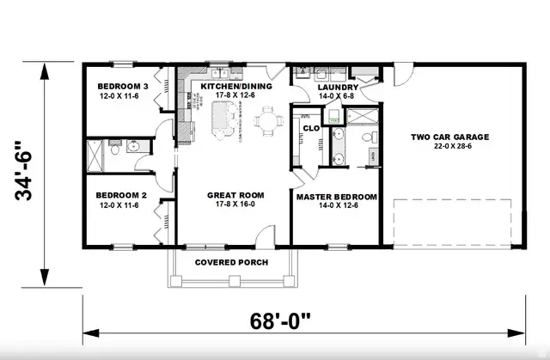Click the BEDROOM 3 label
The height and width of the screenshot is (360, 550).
coord(122,87)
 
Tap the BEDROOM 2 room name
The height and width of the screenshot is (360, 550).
coord(122,195)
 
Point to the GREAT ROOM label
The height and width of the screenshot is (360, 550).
coord(235,195)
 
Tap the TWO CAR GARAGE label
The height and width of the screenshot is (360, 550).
coord(449,137)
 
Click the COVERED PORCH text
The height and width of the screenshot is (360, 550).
coord(231,262)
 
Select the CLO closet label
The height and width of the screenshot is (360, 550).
coord(310,128)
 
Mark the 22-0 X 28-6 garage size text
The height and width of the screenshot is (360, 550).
coord(449,147)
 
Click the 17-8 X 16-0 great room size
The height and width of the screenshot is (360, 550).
coord(235,205)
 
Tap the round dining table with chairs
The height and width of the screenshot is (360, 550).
coord(270,121)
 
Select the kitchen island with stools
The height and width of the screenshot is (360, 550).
coord(222,118)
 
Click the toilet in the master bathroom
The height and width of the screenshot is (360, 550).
coord(367,137)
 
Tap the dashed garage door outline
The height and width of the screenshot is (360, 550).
coord(452,221)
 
